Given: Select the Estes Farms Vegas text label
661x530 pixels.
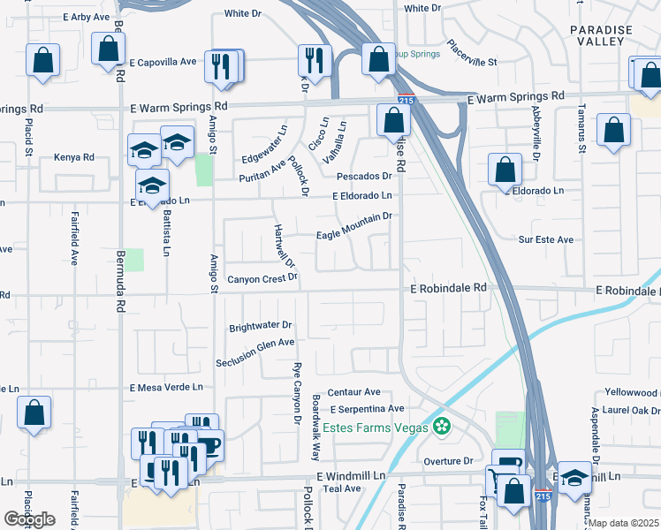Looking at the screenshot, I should [376, 428].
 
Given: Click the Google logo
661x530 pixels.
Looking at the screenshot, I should [29, 519].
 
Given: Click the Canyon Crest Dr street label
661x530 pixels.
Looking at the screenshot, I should [263, 279].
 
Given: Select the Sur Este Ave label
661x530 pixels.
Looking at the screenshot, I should [546, 239].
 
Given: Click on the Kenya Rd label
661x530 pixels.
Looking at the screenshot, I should [73, 157].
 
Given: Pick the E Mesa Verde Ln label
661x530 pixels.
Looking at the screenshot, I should [166, 387].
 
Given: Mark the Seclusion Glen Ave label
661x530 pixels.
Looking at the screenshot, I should [255, 343].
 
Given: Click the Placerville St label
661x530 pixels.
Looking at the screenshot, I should [473, 53].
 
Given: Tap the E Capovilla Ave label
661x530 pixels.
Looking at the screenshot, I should [163, 62].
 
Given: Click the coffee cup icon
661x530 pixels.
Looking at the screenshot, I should [209, 443].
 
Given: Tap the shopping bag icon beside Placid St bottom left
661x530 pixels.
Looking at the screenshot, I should [34, 411].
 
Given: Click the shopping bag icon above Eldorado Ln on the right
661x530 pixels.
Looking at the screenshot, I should [504, 168].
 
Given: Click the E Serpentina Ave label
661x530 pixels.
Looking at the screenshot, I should [367, 409].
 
